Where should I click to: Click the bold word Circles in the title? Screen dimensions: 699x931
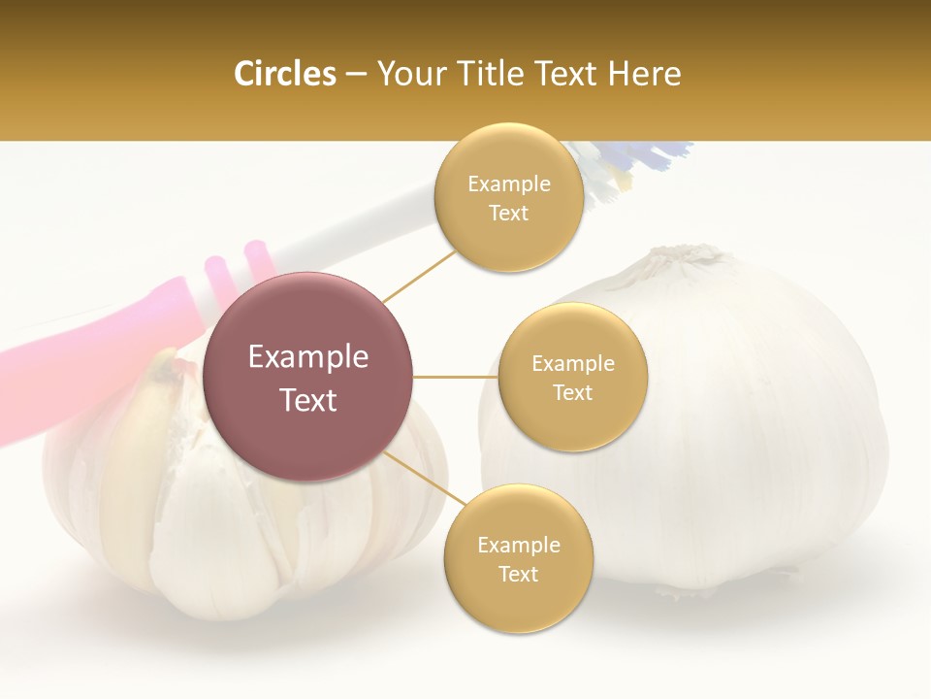tap(284, 74)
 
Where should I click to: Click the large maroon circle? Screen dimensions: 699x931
tap(308, 377)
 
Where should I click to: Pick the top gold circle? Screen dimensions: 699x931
tap(508, 198)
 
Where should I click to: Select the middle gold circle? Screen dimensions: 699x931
tap(572, 377)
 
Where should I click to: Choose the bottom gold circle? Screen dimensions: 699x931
tap(518, 559)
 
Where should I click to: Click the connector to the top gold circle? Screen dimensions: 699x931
tap(419, 276)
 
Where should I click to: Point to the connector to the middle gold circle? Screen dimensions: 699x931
tap(455, 377)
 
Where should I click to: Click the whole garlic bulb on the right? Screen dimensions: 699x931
tap(737, 437)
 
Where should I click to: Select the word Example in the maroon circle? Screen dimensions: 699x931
tap(308, 357)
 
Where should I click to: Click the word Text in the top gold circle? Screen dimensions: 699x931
tap(508, 214)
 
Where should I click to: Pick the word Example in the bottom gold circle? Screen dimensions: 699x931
tap(518, 545)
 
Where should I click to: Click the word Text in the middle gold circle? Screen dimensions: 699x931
tap(572, 392)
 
